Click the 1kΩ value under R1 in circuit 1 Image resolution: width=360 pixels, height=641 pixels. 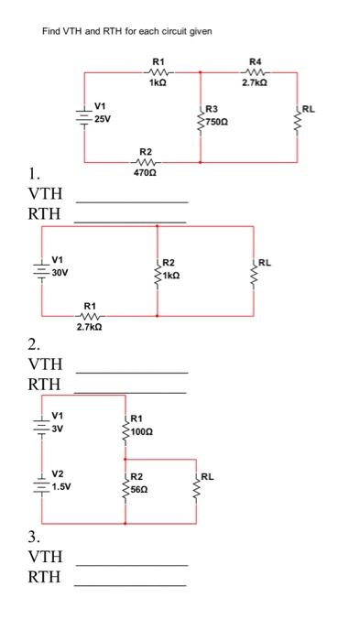(158, 82)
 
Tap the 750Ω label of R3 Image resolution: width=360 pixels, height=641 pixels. (216, 121)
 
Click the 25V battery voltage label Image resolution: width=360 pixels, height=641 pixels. (105, 117)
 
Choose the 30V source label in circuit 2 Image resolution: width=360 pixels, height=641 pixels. (60, 272)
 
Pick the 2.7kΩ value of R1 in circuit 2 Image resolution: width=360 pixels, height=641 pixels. (89, 326)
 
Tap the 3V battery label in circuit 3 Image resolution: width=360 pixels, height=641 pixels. (57, 427)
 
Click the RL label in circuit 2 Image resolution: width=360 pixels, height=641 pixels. (266, 263)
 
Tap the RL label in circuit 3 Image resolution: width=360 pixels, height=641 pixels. (207, 477)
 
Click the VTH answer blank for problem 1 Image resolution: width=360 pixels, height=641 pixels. (131, 200)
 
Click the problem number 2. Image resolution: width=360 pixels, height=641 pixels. (34, 344)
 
